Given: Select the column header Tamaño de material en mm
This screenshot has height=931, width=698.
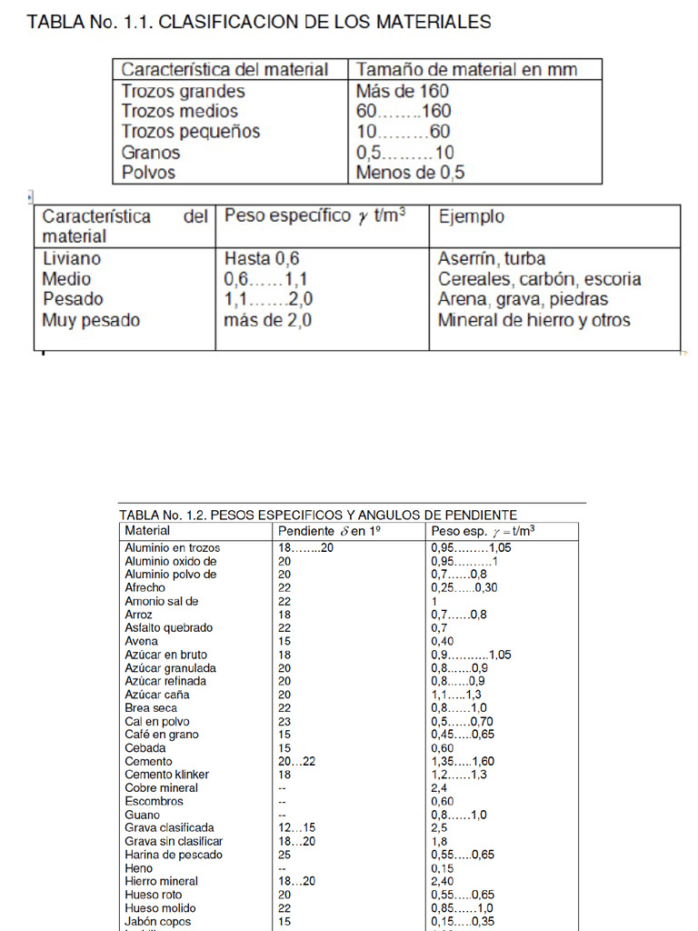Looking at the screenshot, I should (466, 69).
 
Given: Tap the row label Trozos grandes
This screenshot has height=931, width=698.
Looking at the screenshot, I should (183, 91).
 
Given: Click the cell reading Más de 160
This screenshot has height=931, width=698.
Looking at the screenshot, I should (402, 91).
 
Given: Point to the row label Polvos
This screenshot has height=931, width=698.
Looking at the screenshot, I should (148, 172).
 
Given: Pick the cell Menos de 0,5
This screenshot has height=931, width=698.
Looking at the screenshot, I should (410, 172).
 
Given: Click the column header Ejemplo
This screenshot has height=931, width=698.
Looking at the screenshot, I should (471, 217).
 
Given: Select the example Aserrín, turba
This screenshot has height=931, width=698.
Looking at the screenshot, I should (492, 259).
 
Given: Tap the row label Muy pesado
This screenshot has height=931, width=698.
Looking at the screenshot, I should (91, 320).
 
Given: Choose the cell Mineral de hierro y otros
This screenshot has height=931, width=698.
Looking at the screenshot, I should (533, 320).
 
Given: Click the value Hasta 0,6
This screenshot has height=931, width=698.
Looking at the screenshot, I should (262, 259).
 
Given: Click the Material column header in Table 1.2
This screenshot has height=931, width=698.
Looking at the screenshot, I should (147, 530).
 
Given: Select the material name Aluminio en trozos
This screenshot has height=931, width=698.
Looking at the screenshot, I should (172, 548).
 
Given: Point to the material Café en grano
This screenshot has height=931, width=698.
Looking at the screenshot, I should (161, 735).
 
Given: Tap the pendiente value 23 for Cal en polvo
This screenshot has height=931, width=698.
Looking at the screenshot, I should (284, 721).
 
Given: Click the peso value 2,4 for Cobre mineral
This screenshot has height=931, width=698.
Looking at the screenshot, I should (439, 787).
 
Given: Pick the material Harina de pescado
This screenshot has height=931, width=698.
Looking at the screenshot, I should (173, 855).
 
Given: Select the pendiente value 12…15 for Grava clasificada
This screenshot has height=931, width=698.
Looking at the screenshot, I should (296, 828).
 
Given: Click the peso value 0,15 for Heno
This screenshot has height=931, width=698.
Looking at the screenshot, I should (443, 868).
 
